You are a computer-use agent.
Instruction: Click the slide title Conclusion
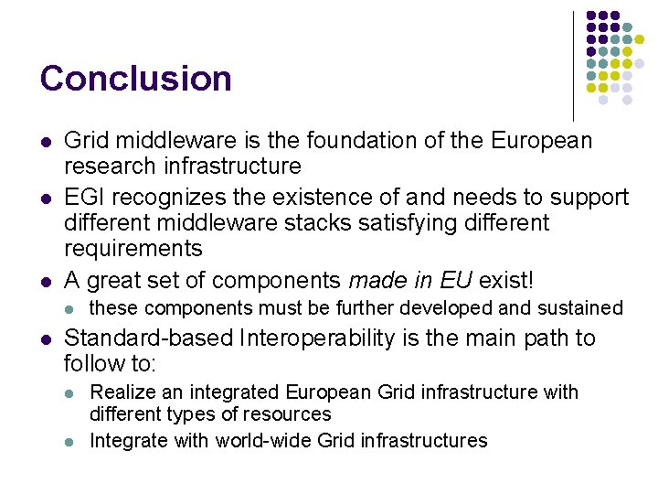coord(135,79)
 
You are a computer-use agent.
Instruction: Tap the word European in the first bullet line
coord(542,141)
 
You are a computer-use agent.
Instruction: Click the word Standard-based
coord(149,338)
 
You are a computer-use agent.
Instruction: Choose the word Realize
coord(122,392)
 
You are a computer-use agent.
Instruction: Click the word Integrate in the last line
coord(128,441)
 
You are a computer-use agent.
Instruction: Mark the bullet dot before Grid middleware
coord(45,142)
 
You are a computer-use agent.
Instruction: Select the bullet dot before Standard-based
coord(45,339)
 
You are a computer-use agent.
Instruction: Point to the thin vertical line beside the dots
coord(573,64)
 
